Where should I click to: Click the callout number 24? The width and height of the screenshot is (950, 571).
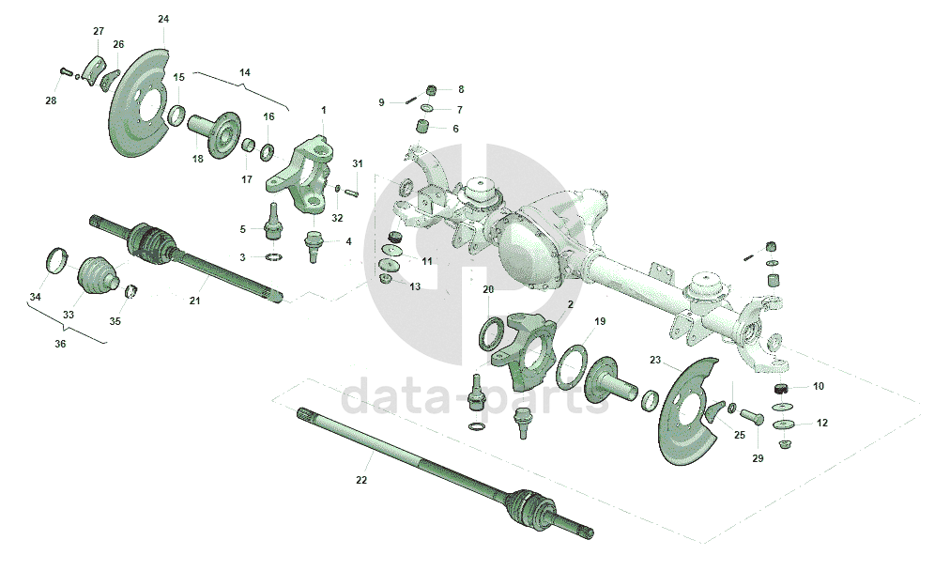click(163, 19)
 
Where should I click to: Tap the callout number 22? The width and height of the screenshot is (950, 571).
click(361, 480)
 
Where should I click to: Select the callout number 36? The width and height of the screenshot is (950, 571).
click(60, 344)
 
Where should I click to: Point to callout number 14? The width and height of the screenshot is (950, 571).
click(245, 72)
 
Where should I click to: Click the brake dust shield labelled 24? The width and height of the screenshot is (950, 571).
click(141, 103)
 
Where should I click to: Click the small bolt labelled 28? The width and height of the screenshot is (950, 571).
click(65, 71)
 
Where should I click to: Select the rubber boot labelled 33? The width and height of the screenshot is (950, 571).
click(97, 271)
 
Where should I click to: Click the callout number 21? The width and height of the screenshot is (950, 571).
click(195, 301)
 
